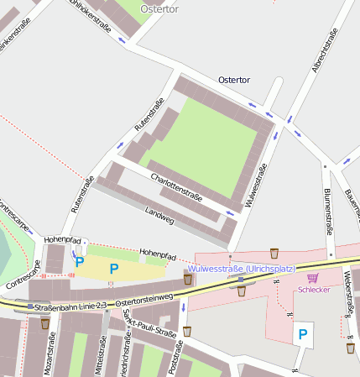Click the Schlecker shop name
[x=315, y=290]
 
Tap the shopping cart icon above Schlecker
[x=313, y=278]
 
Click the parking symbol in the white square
[x=302, y=334]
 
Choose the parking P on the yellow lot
[x=113, y=269]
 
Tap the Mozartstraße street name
[x=51, y=353]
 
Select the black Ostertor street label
[x=233, y=79]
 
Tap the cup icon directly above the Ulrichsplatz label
[x=274, y=253]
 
